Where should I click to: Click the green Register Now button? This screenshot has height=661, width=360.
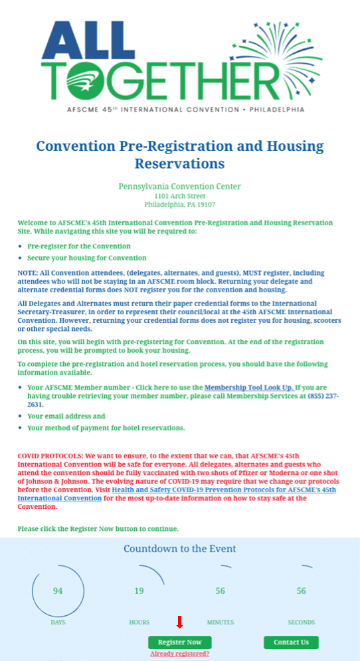click(x=179, y=642)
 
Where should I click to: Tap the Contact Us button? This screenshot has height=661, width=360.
click(x=291, y=642)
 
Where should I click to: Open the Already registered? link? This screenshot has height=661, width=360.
click(x=179, y=654)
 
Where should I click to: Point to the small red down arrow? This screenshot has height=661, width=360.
click(x=179, y=622)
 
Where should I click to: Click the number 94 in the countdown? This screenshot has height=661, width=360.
click(x=58, y=591)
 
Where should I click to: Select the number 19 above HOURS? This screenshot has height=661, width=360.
click(x=139, y=591)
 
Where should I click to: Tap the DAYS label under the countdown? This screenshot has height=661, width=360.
click(x=58, y=622)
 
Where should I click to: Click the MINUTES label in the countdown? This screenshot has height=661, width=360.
click(x=220, y=622)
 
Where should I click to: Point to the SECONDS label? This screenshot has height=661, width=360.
click(x=302, y=622)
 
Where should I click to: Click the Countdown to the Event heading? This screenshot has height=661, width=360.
click(x=179, y=549)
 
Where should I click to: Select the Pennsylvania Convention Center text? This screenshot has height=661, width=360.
click(x=179, y=187)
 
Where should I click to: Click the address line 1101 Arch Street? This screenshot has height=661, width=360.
click(x=179, y=196)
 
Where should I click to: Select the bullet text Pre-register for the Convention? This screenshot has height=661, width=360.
click(x=79, y=246)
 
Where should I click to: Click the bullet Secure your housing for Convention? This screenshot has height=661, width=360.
click(x=87, y=258)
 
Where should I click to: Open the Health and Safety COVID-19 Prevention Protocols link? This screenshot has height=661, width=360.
click(x=224, y=490)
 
